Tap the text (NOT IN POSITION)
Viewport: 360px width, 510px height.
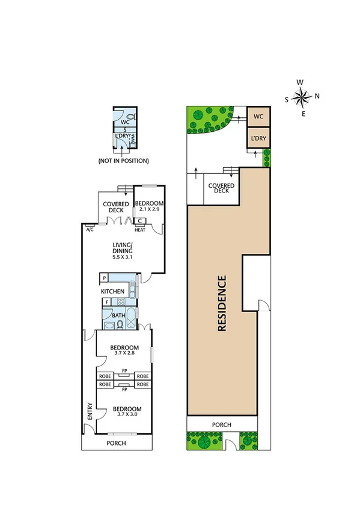[x=123, y=161]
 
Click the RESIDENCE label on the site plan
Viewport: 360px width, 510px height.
[x=222, y=303]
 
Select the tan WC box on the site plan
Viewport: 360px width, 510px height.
[x=258, y=116]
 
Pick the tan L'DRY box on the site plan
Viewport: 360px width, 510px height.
[x=258, y=139]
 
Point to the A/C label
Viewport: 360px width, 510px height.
[x=90, y=230]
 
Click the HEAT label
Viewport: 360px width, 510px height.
[x=139, y=230]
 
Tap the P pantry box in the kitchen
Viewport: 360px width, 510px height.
[x=105, y=278]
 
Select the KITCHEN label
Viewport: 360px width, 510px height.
[x=112, y=291]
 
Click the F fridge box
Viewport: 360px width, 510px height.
[x=106, y=302]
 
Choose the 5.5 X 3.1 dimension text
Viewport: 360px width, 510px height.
[x=124, y=257]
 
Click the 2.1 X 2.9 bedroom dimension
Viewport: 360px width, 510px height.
[x=148, y=209]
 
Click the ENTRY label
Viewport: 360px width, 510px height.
[x=90, y=411]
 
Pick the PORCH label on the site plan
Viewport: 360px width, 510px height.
[x=222, y=425]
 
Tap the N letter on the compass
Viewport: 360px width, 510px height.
[x=317, y=96]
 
